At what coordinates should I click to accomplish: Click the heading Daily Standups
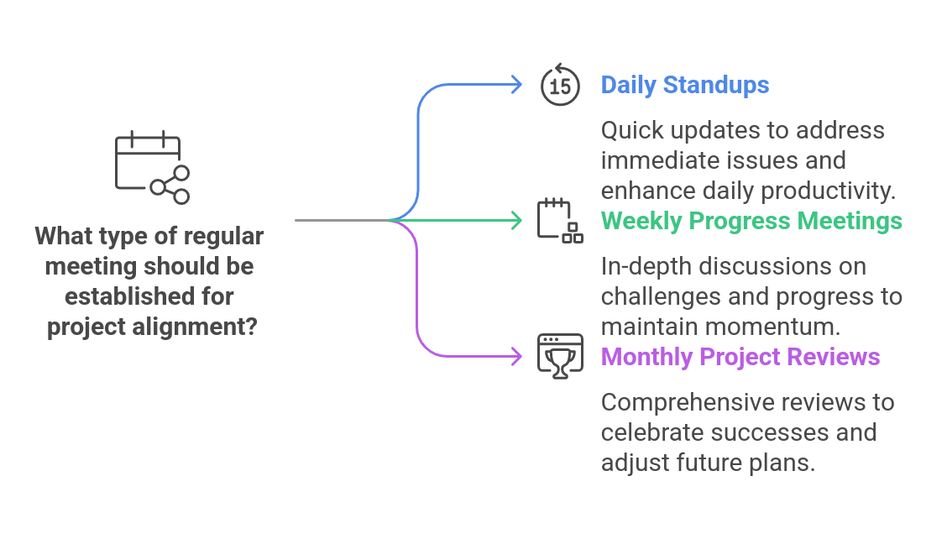coord(684,85)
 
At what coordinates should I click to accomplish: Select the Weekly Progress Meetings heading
coord(751,221)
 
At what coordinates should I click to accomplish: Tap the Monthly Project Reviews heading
coord(740,357)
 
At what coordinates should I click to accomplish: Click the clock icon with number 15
coord(560,86)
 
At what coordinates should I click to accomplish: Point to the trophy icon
coord(560,357)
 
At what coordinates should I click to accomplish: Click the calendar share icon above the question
coord(152,168)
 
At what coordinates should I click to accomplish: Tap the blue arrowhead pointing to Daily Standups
coord(516,84)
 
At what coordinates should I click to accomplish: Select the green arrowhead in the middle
coord(516,221)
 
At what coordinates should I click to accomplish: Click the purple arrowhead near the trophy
coord(516,357)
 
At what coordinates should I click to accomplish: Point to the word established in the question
coord(116,296)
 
